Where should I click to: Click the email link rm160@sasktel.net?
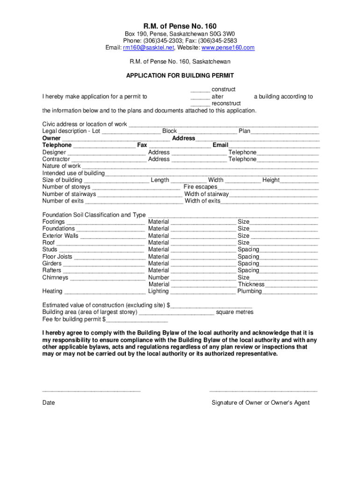[x=148, y=48]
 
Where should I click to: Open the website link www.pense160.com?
[x=228, y=48]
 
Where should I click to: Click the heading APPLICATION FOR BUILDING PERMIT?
[x=180, y=75]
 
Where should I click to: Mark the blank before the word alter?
[x=200, y=97]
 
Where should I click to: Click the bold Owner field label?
[x=51, y=138]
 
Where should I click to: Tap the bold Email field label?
[x=220, y=145]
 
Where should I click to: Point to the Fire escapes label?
[x=200, y=187]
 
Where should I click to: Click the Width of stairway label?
[x=206, y=194]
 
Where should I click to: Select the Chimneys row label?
[x=55, y=277]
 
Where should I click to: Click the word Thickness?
[x=251, y=284]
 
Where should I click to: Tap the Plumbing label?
[x=249, y=291]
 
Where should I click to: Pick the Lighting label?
[x=158, y=291]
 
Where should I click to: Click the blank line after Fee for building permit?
[x=137, y=320]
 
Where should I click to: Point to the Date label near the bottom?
[x=49, y=403]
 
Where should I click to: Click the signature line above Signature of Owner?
[x=263, y=390]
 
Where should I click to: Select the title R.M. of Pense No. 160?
[x=180, y=25]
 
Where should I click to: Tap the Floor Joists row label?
[x=57, y=257]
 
